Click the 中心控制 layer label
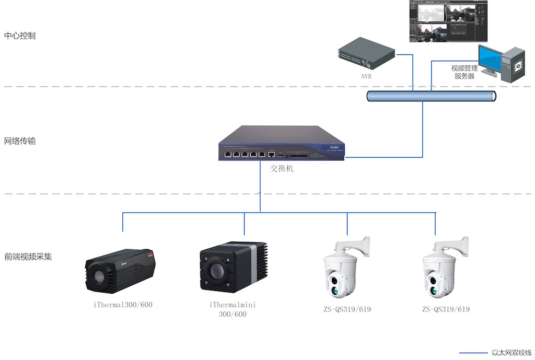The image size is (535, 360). [20, 36]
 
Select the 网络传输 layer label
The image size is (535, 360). [20, 141]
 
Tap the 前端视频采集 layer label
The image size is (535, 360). [28, 257]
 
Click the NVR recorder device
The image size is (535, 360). [366, 56]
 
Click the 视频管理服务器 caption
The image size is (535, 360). [464, 72]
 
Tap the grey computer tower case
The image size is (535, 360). [513, 64]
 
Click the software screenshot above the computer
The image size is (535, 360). [448, 21]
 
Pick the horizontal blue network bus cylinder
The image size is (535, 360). [431, 96]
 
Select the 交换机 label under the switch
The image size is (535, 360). [282, 169]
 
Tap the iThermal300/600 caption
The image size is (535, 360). [120, 305]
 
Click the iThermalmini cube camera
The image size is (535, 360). [232, 269]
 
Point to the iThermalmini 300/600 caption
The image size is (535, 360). [232, 309]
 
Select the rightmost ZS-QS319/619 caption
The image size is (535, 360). [446, 309]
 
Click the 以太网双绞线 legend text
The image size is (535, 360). [511, 353]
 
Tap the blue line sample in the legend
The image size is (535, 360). [473, 353]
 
